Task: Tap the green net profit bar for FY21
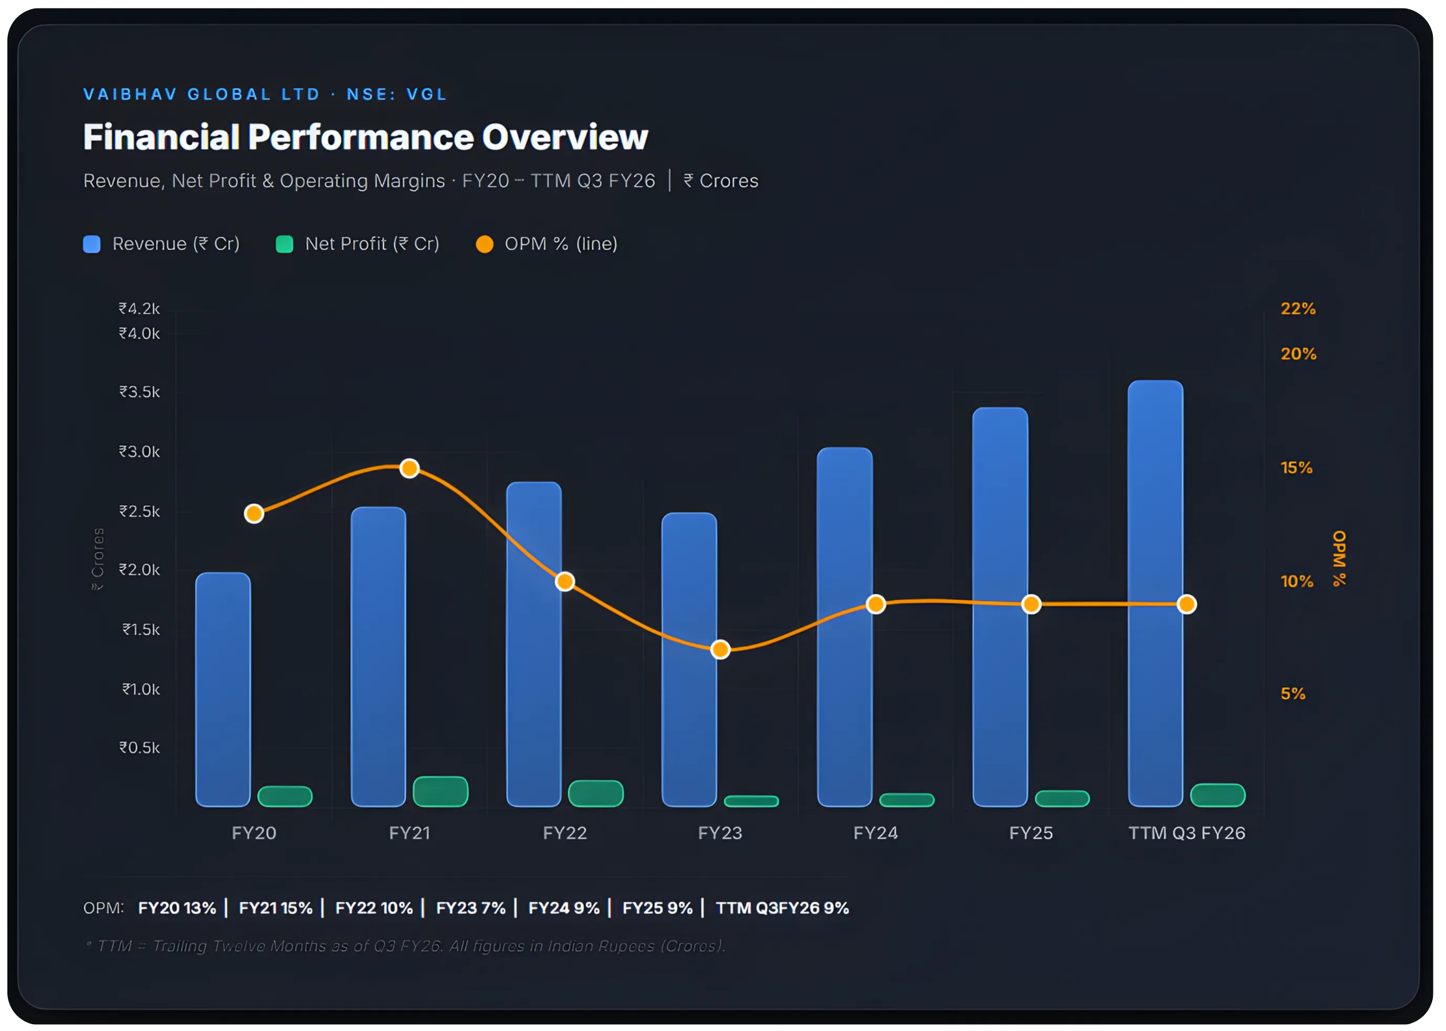441,792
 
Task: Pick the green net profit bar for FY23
751,801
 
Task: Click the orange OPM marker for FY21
410,469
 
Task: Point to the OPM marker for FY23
720,650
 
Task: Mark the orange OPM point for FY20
254,514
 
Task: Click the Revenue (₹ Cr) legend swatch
92,245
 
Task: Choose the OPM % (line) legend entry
547,245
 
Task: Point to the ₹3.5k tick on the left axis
140,392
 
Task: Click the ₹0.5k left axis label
140,748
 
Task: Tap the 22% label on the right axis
1298,309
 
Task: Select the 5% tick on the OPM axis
1293,693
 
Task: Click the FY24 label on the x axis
875,833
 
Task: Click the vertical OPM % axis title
1339,558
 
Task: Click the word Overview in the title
565,137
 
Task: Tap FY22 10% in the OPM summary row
373,908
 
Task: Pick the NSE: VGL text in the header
396,94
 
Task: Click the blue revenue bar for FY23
689,660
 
